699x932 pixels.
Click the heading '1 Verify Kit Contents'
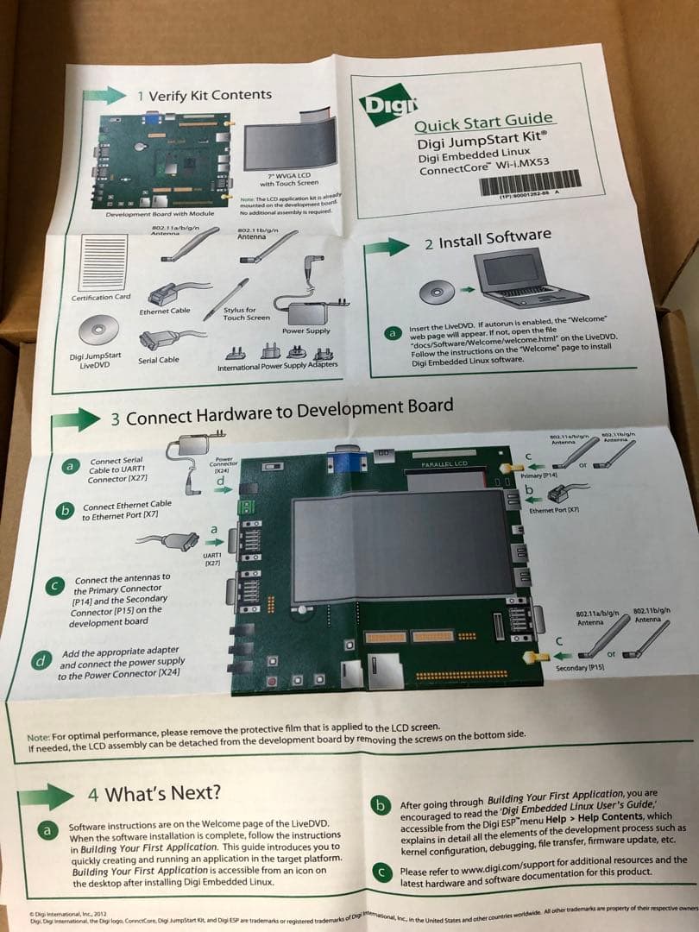(x=205, y=95)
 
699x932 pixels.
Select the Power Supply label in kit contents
(x=305, y=331)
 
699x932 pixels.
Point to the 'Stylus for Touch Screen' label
(x=239, y=313)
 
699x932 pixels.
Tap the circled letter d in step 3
(x=41, y=662)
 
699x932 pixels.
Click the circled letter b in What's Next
(x=381, y=805)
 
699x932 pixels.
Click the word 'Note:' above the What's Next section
(x=39, y=738)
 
